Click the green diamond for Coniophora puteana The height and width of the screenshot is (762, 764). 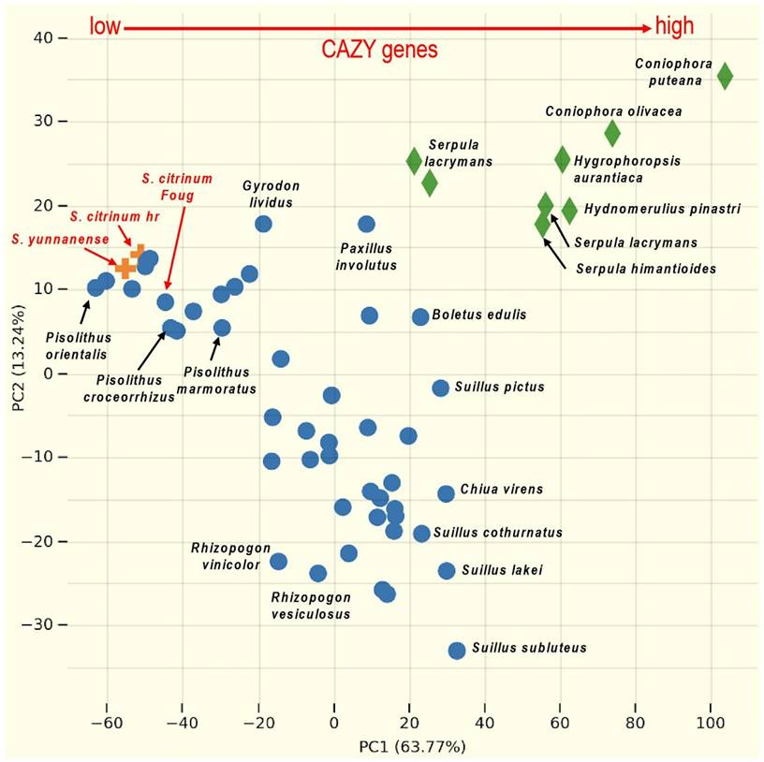(x=724, y=76)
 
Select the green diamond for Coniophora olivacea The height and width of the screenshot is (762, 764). (x=611, y=133)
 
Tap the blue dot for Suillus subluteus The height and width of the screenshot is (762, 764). (x=457, y=650)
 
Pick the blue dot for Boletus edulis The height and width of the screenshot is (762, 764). (x=420, y=316)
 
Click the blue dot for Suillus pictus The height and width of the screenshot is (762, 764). (x=441, y=388)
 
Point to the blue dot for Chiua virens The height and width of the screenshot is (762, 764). (x=446, y=493)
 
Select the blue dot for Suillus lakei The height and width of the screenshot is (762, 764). (x=447, y=570)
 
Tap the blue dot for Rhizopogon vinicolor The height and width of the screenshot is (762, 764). (x=278, y=561)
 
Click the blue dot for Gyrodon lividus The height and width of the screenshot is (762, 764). (x=263, y=224)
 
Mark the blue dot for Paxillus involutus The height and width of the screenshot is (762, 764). (x=366, y=224)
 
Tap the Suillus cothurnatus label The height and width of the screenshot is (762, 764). (x=511, y=533)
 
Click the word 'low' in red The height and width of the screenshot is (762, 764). (x=105, y=26)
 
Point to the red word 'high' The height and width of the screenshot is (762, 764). (x=674, y=26)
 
